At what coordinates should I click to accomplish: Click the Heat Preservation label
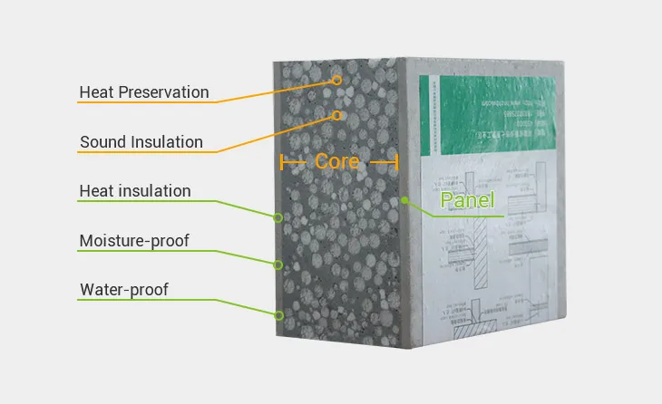click(x=144, y=92)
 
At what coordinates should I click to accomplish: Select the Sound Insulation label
click(x=141, y=142)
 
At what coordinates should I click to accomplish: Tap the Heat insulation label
click(x=135, y=191)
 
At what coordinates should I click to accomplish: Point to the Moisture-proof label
click(x=134, y=241)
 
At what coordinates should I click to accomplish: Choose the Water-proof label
click(x=123, y=290)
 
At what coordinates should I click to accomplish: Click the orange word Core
click(x=337, y=162)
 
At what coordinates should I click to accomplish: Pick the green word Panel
click(x=467, y=200)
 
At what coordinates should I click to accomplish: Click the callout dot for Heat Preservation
click(x=336, y=80)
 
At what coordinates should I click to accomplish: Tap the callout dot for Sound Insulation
click(x=336, y=116)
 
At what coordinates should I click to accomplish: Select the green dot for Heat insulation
click(x=279, y=217)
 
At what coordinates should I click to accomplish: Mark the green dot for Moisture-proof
click(x=279, y=265)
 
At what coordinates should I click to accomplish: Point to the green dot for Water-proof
click(x=279, y=315)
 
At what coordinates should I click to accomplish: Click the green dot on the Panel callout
click(x=405, y=200)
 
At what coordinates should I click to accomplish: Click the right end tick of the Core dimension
click(x=397, y=163)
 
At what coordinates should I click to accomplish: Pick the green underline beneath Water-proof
click(x=136, y=301)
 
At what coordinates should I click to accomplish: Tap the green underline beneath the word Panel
click(x=467, y=216)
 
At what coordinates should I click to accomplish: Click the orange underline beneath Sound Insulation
click(x=145, y=153)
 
